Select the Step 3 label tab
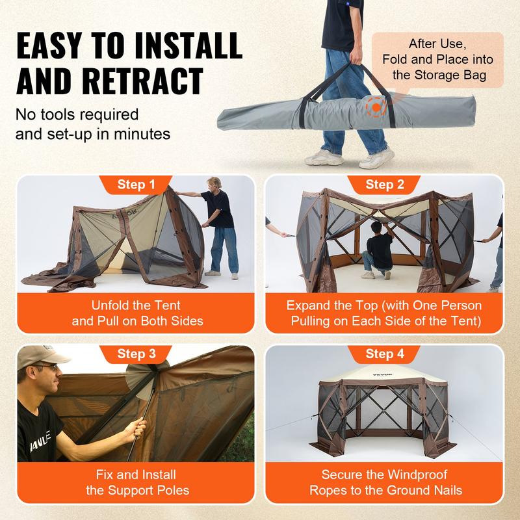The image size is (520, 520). (136, 354)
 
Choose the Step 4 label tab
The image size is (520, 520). (384, 354)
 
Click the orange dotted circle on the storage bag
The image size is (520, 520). (375, 105)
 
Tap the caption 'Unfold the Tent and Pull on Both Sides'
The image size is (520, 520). (136, 312)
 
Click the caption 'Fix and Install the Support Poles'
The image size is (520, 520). (136, 483)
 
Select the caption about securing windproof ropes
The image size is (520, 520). (384, 483)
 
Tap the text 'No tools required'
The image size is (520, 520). (77, 115)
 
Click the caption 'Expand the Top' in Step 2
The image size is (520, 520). (384, 304)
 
